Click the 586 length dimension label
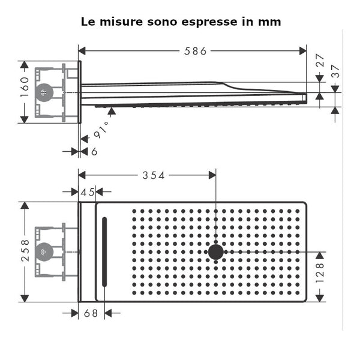click(196, 51)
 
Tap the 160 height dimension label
click(25, 87)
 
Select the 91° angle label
click(101, 130)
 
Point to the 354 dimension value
click(154, 176)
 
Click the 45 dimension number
click(88, 192)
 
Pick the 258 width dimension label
click(25, 251)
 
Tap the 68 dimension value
click(91, 313)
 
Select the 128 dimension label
click(320, 273)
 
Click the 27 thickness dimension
click(320, 61)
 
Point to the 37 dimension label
click(335, 71)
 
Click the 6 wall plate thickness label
click(94, 152)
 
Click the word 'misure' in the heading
click(121, 22)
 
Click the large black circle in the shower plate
click(216, 252)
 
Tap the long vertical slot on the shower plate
click(104, 251)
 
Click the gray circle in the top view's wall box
click(44, 92)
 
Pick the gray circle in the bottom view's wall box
click(44, 252)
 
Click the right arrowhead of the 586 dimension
click(303, 51)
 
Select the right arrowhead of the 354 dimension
click(212, 175)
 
